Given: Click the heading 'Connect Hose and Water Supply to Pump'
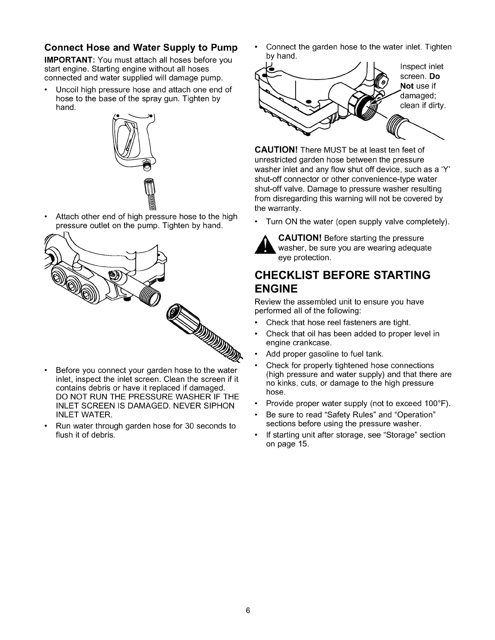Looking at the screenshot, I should pos(141,48).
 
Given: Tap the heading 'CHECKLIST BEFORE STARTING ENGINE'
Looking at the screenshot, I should pos(342,282).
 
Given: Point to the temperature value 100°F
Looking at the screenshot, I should pos(436,404).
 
